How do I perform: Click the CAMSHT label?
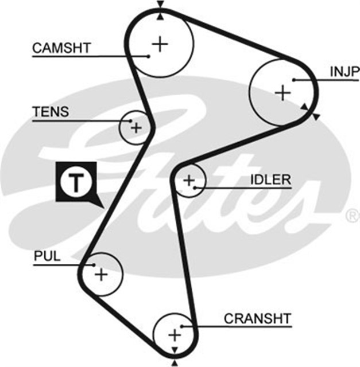coord(61,48)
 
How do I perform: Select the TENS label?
coord(50,112)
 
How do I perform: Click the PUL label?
coord(47,256)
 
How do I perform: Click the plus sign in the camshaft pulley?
coord(160,44)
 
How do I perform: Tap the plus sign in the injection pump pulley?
coord(282,92)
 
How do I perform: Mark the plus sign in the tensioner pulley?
coord(136,127)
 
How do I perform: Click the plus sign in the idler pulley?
coord(189,181)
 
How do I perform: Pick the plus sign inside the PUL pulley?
coord(101,274)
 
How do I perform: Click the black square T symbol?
coord(75,182)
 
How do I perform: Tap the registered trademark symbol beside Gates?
coord(351,216)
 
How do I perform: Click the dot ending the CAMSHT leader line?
coord(148,56)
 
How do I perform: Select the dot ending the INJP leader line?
coord(293,79)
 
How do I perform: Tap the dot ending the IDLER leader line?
coord(196,187)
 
